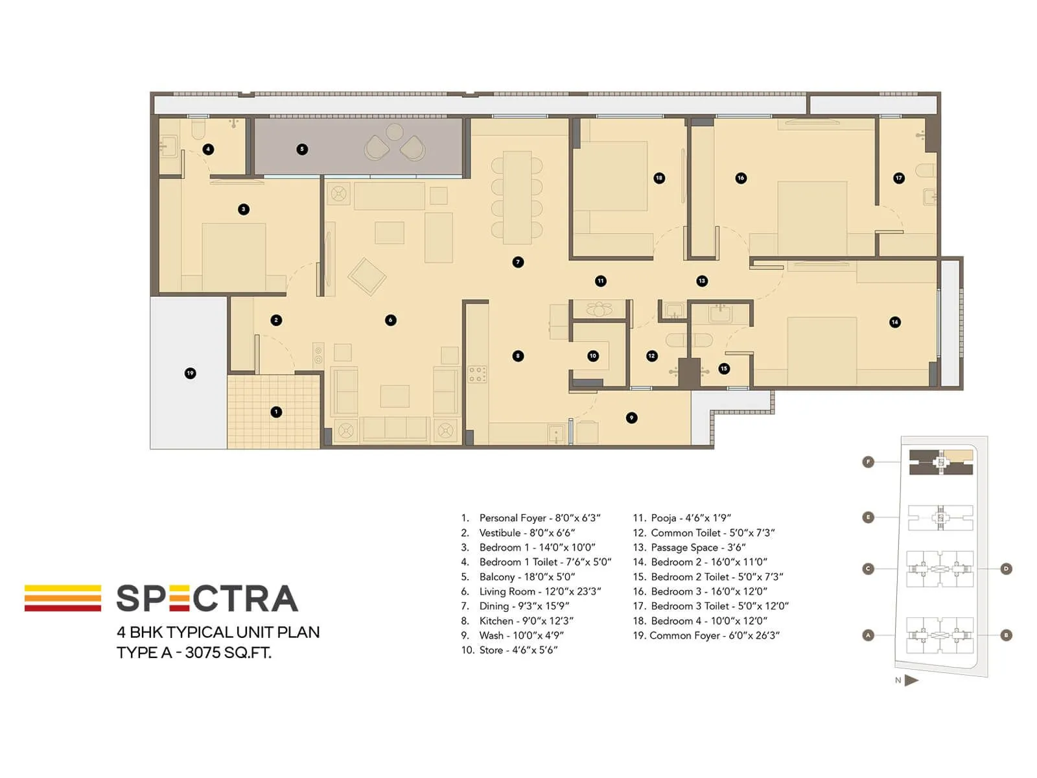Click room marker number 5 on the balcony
pos(301,149)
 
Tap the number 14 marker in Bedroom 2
pos(895,322)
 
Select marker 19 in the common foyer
pos(190,373)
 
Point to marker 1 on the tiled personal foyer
pos(276,412)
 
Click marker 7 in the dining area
pos(517,262)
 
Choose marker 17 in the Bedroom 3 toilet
pos(898,178)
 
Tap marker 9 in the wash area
pos(631,418)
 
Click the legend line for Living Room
pos(531,591)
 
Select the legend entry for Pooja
pos(682,518)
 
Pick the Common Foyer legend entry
pos(706,635)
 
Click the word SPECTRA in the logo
pos(207,598)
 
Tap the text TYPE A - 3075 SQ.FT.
pos(194,652)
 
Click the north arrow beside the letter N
pos(911,681)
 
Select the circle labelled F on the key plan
pos(868,462)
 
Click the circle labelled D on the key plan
pos(1006,569)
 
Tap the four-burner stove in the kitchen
pos(477,374)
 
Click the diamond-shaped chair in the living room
pos(367,276)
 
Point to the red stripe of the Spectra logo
pos(63,608)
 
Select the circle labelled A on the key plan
pos(868,635)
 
